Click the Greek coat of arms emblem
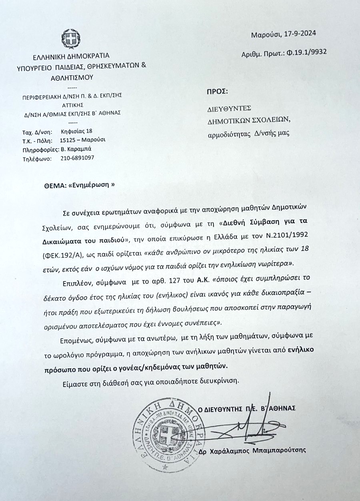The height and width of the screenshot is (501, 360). [x=71, y=39]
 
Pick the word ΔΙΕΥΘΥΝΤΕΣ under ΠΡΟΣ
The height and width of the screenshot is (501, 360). [x=229, y=108]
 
